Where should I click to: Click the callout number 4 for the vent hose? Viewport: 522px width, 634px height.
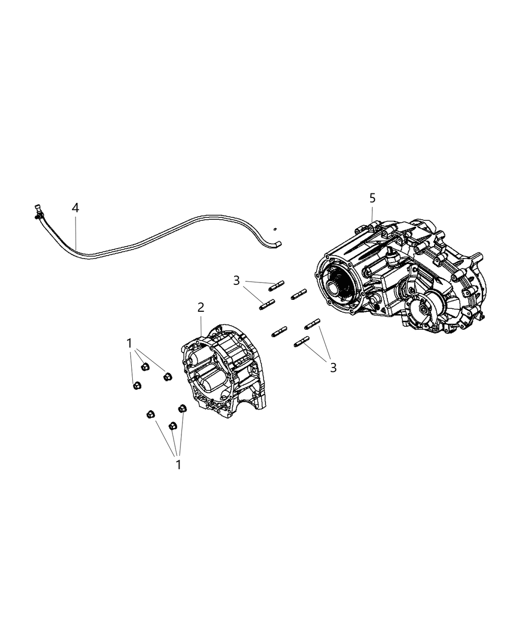75,207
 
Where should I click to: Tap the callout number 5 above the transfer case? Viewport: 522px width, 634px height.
372,198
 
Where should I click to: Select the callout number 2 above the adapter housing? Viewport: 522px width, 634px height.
200,307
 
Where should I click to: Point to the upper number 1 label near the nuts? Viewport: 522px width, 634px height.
129,343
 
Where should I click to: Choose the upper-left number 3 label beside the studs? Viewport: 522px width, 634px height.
236,280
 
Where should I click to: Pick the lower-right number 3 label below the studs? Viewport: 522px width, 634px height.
333,367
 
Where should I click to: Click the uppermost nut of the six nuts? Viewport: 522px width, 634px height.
146,367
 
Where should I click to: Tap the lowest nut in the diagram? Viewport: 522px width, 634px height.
173,426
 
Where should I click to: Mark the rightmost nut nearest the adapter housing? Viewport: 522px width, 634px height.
182,408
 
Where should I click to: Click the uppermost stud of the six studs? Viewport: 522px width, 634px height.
276,285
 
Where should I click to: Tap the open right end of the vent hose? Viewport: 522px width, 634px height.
279,244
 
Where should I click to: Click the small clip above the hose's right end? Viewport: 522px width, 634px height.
274,229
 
